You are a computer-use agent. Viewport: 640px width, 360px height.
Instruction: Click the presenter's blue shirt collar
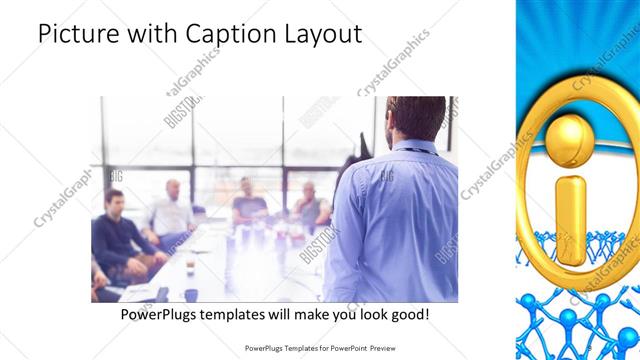point(410,148)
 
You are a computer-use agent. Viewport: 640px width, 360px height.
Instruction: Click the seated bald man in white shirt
point(173,210)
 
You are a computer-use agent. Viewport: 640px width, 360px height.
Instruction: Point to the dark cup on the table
point(191,294)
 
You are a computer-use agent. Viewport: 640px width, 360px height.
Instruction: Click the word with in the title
point(146,34)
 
